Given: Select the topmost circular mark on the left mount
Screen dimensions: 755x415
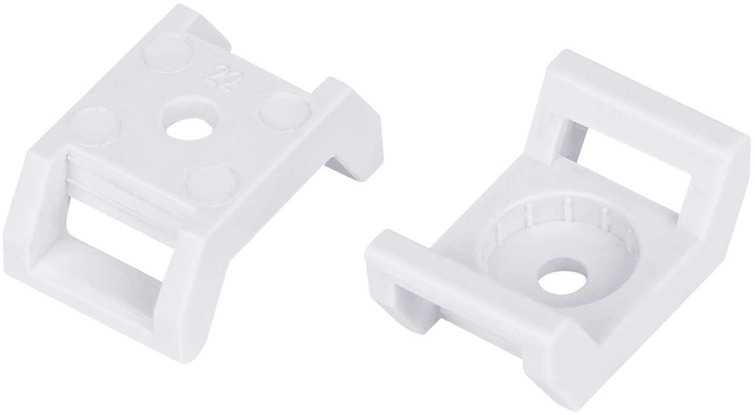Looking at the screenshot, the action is (x=168, y=55).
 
